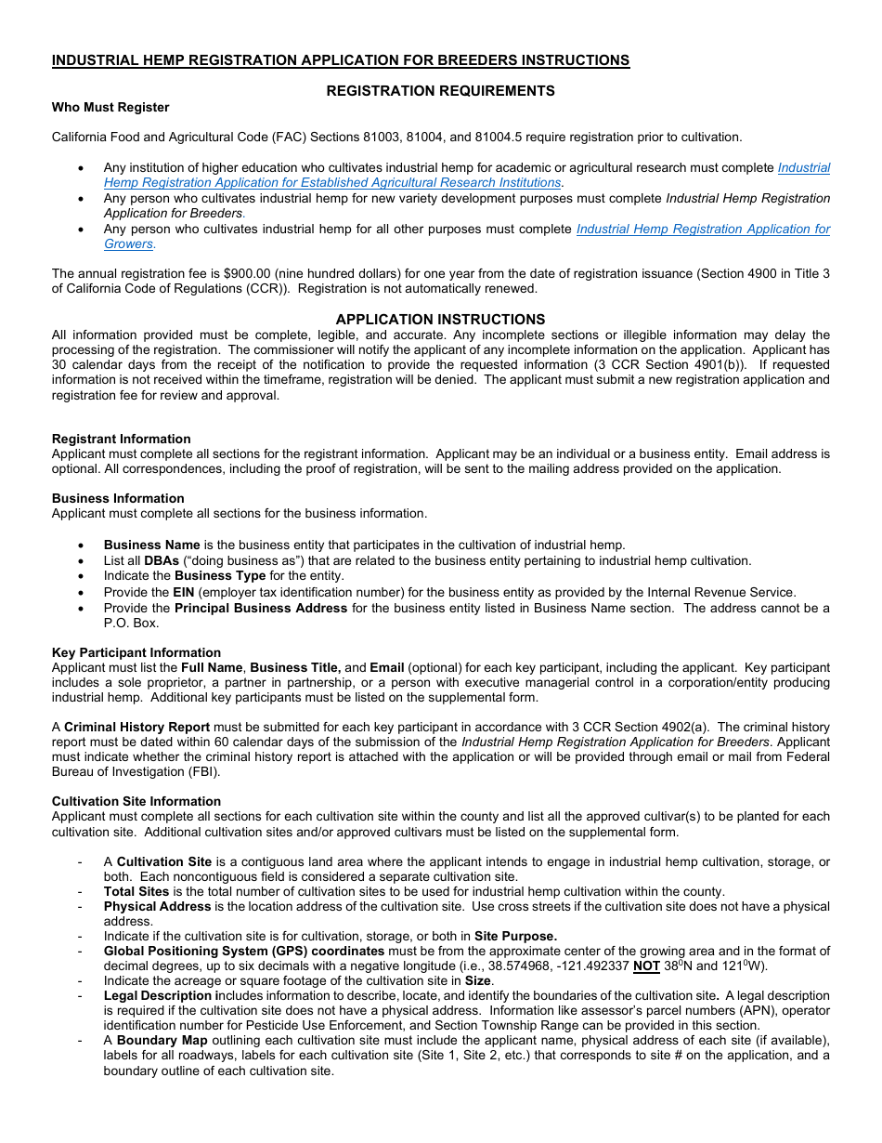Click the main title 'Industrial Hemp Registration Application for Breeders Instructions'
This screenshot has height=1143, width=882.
(341, 60)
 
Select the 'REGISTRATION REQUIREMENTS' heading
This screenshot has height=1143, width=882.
(440, 91)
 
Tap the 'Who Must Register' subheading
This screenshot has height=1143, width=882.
(110, 107)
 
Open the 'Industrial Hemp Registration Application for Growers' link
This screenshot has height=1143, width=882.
(703, 230)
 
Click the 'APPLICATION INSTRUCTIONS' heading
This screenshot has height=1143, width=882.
(440, 319)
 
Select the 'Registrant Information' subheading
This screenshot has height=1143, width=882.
(122, 439)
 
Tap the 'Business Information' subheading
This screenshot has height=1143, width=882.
(118, 498)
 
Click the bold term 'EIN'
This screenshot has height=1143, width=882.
(184, 592)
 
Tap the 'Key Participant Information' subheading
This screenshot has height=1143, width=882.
(136, 652)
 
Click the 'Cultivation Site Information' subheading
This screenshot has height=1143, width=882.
(136, 801)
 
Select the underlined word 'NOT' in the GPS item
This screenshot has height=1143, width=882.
(646, 966)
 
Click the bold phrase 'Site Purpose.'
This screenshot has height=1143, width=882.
(515, 936)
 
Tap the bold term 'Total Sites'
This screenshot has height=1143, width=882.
(136, 891)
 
